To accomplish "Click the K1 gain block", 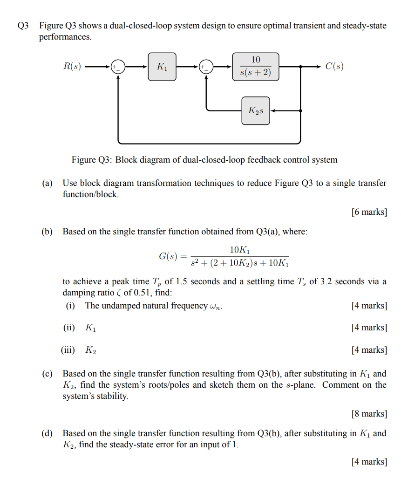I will (x=162, y=67).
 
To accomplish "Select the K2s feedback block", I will (x=256, y=111).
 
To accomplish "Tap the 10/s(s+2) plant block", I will (x=256, y=67).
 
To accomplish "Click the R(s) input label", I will (x=72, y=67).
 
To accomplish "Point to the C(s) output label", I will (x=334, y=67).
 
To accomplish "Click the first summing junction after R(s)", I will (x=118, y=67).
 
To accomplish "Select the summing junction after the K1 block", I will (x=206, y=67).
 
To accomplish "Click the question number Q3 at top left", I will (x=23, y=26).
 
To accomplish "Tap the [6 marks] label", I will (x=369, y=212).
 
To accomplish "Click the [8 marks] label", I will (x=369, y=414).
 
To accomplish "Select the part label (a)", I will (x=47, y=184).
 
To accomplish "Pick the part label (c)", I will (x=47, y=374).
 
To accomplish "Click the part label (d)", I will (x=47, y=433).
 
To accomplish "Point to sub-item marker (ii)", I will (x=69, y=328).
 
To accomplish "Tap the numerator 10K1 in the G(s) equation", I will (x=240, y=250).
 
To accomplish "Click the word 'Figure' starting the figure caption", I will (x=83, y=160).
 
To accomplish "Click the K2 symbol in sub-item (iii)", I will (x=91, y=350).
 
